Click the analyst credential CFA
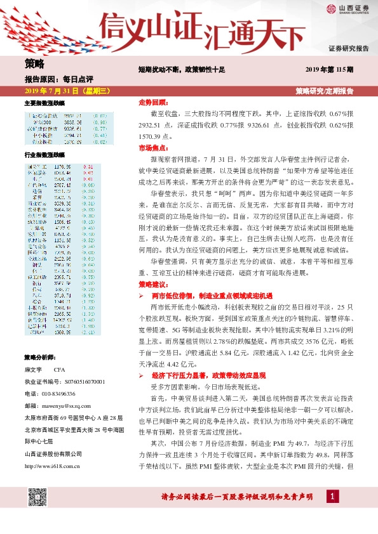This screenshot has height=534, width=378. click(x=60, y=369)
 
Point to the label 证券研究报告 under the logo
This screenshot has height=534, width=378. click(x=348, y=48)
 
